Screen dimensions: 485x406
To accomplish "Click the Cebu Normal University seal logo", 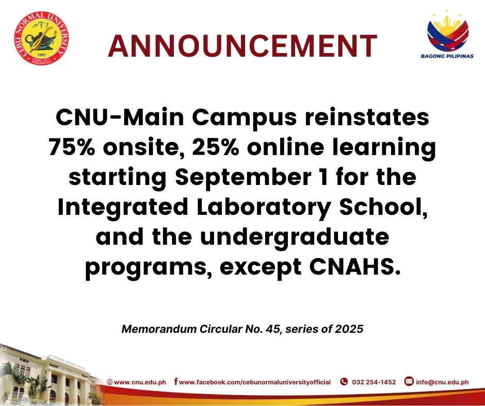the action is click(x=41, y=38).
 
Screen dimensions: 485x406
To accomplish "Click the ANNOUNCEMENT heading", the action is click(x=242, y=46).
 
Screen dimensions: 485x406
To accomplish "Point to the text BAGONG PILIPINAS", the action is click(x=447, y=56).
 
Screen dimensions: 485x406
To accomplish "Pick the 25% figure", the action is click(x=216, y=147).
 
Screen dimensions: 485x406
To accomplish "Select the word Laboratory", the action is click(x=264, y=208).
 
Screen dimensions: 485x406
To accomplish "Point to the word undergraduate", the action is click(x=295, y=238).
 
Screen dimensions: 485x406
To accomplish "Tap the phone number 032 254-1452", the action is click(x=374, y=382).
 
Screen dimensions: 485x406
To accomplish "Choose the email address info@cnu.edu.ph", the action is click(x=442, y=382).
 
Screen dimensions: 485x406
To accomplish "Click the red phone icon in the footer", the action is click(x=344, y=382).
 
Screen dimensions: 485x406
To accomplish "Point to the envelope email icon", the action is click(x=409, y=382).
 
